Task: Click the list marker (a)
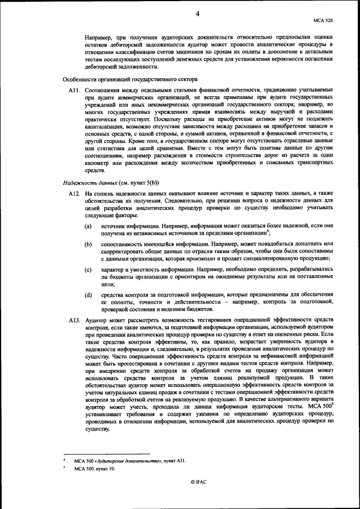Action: tap(88, 226)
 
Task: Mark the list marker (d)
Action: tap(88, 295)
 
